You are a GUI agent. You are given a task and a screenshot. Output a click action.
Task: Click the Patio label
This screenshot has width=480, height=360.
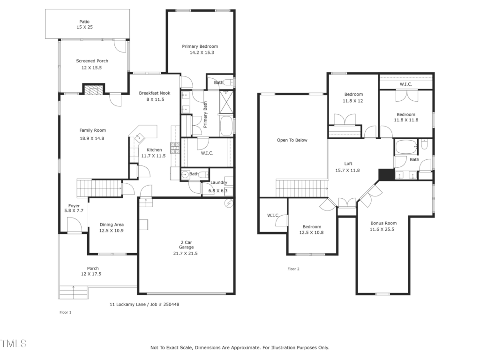[x=84, y=22]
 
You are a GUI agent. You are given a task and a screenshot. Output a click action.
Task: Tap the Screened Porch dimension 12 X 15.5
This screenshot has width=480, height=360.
[x=91, y=67]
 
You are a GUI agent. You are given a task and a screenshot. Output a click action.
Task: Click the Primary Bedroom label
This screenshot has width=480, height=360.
[x=200, y=46]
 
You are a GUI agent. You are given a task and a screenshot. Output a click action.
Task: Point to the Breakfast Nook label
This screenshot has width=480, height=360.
[x=155, y=93]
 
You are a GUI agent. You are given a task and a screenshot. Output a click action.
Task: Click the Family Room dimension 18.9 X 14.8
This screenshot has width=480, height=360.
[x=92, y=138]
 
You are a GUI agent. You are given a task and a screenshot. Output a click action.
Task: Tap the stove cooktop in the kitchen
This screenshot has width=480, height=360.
[x=175, y=148]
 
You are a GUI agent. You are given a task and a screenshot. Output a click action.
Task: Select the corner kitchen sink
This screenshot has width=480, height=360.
[x=139, y=137]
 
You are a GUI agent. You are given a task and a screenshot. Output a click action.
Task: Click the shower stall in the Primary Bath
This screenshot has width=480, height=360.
[x=226, y=102]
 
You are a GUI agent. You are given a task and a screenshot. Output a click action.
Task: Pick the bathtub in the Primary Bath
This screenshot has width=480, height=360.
[x=226, y=126]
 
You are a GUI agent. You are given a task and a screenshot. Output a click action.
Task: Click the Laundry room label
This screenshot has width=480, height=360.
[x=218, y=182]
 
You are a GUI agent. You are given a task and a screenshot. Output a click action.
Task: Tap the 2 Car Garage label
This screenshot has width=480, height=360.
[x=186, y=245]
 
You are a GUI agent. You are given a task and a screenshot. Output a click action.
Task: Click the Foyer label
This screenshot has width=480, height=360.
[x=74, y=206]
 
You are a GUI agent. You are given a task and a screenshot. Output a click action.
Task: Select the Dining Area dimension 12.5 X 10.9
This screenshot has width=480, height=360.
[x=112, y=231]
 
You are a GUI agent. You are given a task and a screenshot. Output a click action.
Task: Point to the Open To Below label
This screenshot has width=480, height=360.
[x=292, y=140]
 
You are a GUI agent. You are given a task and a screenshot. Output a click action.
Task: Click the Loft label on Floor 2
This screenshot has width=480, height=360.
[x=348, y=164]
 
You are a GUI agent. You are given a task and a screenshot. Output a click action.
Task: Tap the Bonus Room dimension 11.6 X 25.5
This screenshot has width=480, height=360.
[x=382, y=229]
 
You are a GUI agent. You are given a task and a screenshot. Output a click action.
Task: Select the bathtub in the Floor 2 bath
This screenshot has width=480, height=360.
[x=406, y=147]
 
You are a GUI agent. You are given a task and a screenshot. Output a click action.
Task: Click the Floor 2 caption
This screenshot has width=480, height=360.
[x=293, y=269]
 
